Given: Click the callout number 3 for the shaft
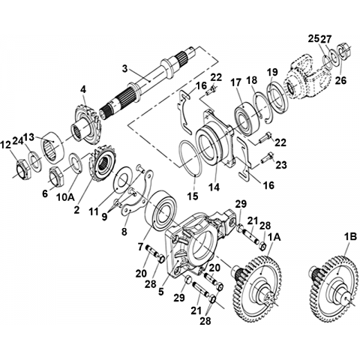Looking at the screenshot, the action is [124, 68].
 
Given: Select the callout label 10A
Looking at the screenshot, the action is [65, 197].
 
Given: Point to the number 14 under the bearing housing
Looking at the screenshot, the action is [214, 187].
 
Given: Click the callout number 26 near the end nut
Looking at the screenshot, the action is [341, 80].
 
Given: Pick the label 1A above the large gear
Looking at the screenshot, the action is [274, 237].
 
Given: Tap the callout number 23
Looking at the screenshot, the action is [280, 165].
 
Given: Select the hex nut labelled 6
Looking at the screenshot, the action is [57, 175].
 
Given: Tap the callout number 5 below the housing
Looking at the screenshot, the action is [161, 292].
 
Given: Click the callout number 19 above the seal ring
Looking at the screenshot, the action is [271, 73].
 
